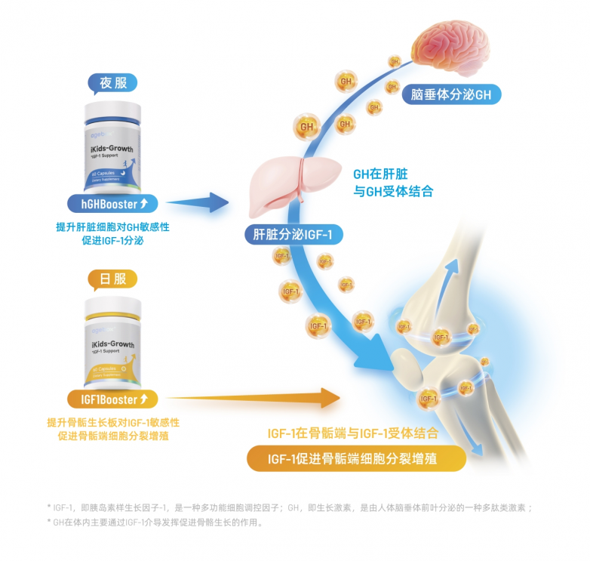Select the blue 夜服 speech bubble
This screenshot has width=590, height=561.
click(113, 82)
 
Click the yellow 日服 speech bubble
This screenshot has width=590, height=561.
click(113, 279)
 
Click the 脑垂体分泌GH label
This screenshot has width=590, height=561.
click(451, 95)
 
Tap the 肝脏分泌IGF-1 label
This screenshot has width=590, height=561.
click(293, 235)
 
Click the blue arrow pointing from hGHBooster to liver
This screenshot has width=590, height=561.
click(198, 202)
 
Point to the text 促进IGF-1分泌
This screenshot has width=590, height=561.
click(112, 241)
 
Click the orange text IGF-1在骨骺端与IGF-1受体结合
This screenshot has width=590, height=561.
click(352, 434)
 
